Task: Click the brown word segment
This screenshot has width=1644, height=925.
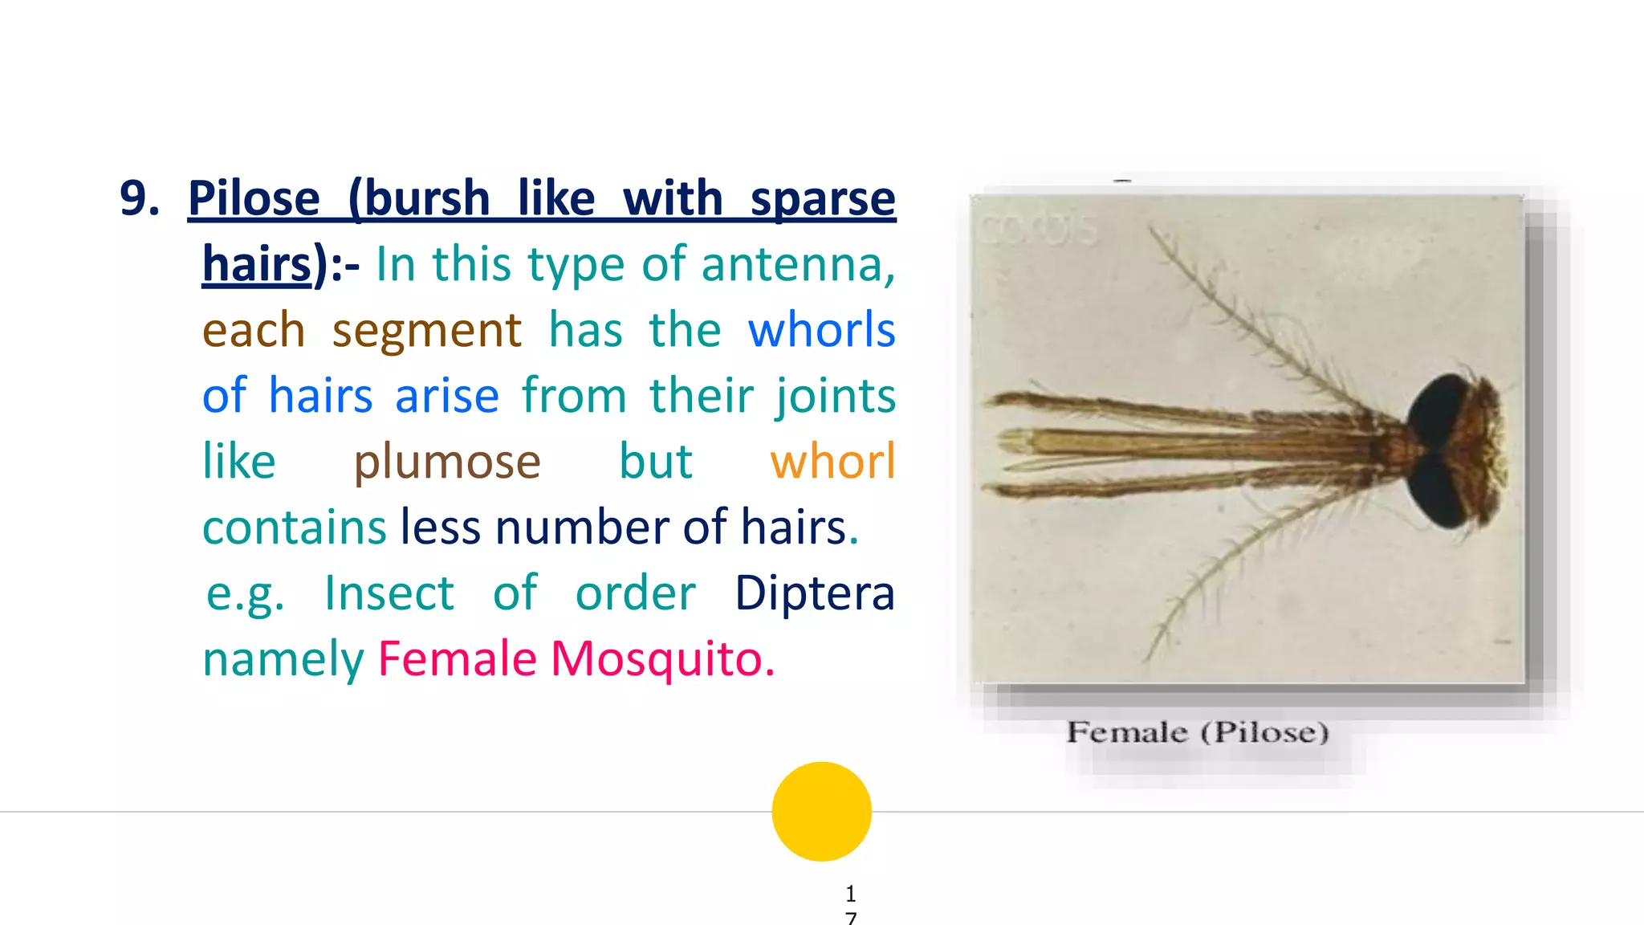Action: point(426,330)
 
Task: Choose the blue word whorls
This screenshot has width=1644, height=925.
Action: point(821,330)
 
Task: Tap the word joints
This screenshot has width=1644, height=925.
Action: point(835,396)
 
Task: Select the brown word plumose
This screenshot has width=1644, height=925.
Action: point(447,462)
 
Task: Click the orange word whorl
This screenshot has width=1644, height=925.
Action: point(832,462)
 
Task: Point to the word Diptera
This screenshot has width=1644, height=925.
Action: point(814,593)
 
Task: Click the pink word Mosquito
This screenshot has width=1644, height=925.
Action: point(662,659)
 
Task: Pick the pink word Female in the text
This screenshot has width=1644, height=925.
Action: point(458,659)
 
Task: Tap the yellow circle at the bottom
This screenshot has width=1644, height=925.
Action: point(821,811)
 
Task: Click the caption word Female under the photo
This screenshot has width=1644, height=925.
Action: point(1126,732)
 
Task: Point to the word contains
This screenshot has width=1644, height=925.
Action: point(295,528)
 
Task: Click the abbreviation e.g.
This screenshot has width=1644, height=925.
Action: point(245,593)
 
